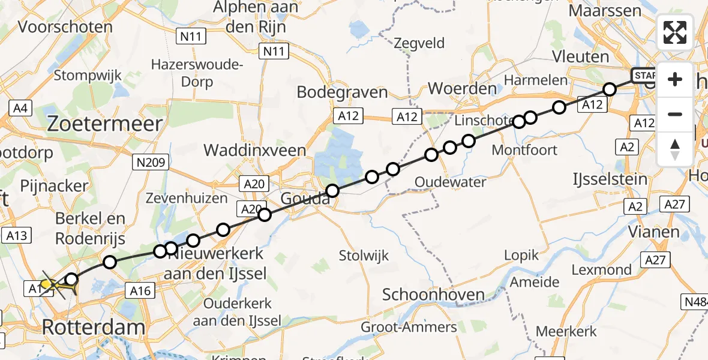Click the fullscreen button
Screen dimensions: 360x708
click(x=675, y=32)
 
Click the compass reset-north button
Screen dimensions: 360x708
click(x=675, y=149)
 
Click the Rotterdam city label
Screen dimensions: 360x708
click(x=94, y=328)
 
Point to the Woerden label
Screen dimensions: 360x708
click(x=462, y=89)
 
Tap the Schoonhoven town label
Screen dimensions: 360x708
click(x=433, y=295)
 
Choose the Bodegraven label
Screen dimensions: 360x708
click(x=343, y=92)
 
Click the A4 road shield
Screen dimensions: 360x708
click(x=20, y=108)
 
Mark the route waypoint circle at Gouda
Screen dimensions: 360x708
click(x=332, y=191)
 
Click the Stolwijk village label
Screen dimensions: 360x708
click(x=364, y=256)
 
